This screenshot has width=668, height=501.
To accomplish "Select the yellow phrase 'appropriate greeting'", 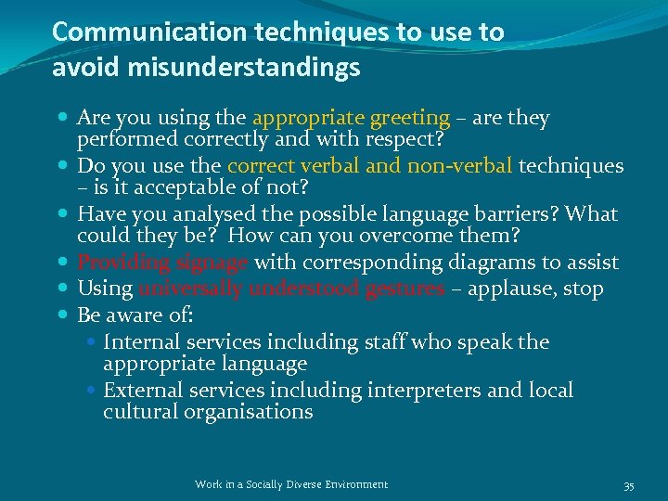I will click(351, 118).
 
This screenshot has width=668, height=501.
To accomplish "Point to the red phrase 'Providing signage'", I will click(162, 263).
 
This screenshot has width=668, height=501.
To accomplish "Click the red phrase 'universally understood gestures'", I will click(291, 289).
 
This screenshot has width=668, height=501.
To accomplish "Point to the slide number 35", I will click(629, 485).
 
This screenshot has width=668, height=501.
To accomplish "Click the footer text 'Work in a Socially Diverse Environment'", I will click(291, 484).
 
